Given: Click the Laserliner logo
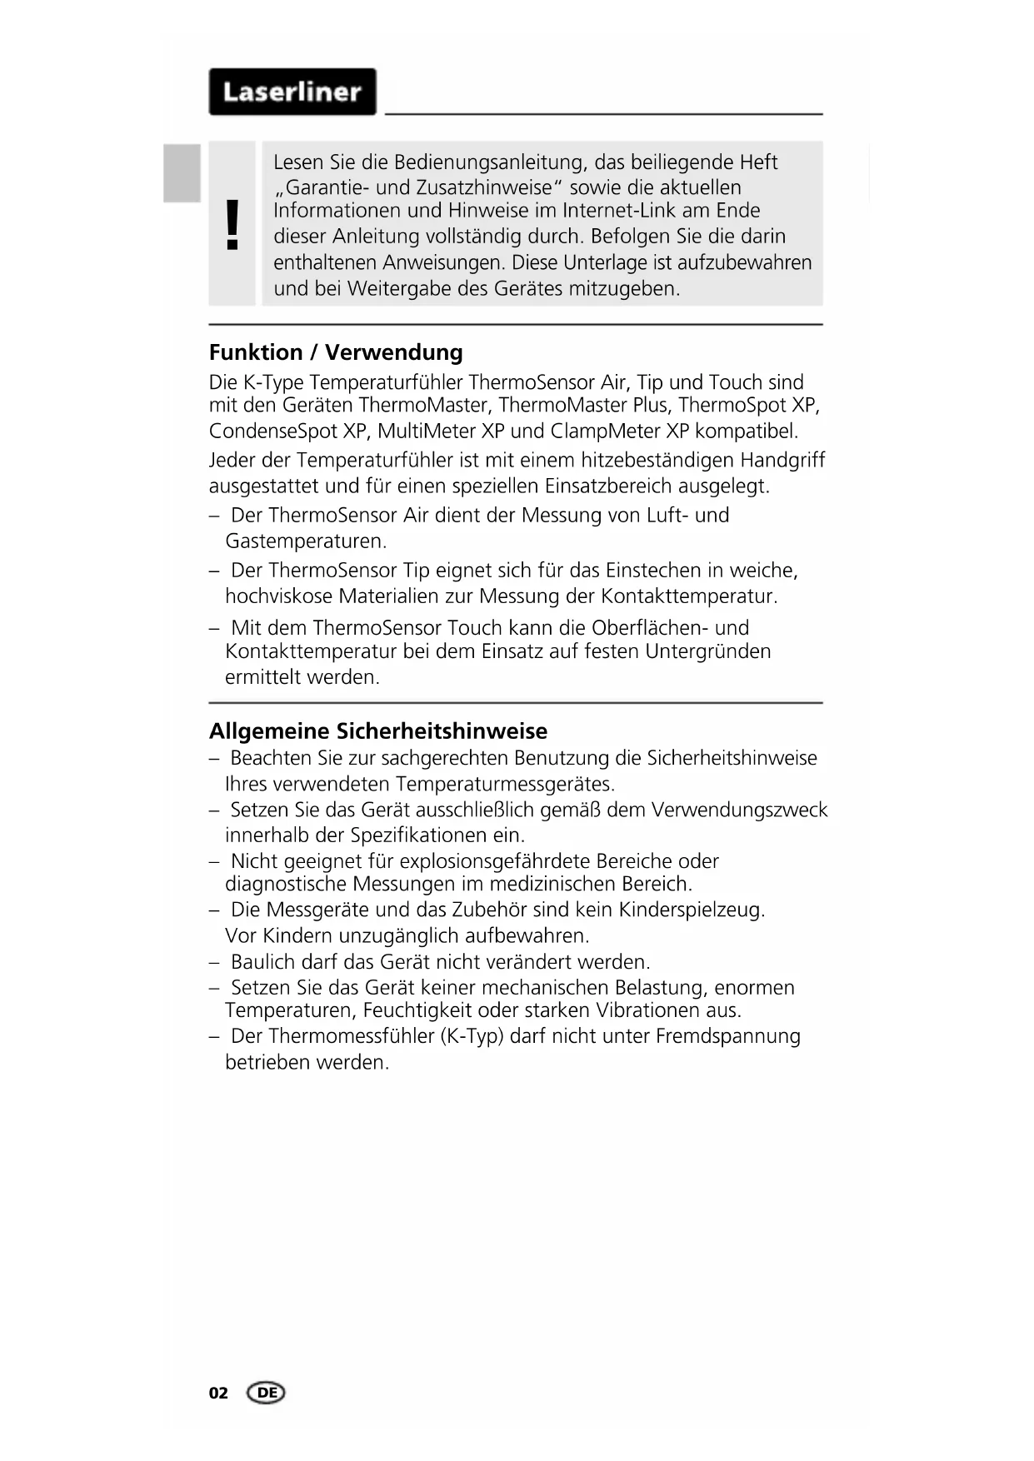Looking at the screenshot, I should coord(292,92).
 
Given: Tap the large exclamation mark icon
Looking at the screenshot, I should coord(232,225).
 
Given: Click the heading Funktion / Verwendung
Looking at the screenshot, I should coord(336,352).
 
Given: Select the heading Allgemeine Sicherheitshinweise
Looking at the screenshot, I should coord(378,731).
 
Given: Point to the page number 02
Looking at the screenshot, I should coord(218,1393).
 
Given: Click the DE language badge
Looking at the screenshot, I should coord(267,1393).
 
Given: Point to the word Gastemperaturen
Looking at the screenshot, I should coord(306,541).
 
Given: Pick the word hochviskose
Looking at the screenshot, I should coord(278,596).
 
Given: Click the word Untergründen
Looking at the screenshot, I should coord(708,651).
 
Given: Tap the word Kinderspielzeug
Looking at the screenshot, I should coord(697,910).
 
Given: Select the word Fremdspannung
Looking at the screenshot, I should coord(727,1036).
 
